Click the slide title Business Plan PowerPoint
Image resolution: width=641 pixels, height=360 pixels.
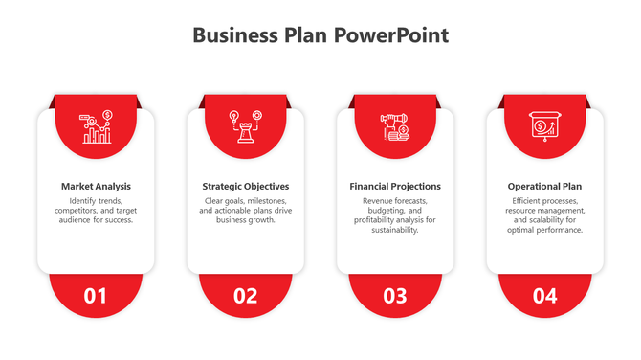[x=320, y=35]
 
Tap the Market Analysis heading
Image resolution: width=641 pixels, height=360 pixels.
[x=96, y=186]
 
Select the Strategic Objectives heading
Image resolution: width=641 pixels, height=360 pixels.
[x=246, y=186]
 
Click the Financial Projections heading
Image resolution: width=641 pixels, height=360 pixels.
[x=395, y=186]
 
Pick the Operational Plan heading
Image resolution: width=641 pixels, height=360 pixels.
[x=544, y=186]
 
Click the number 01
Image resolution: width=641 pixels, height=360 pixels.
[x=96, y=296]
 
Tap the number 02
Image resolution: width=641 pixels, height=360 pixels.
[x=246, y=296]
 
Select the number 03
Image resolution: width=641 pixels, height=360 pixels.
[x=395, y=296]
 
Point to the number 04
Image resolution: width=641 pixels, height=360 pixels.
[x=544, y=296]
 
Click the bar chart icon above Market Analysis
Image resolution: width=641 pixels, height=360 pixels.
[x=96, y=127]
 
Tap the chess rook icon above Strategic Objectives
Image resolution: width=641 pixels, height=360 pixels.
[x=246, y=127]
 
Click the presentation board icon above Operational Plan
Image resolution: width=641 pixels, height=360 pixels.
[x=544, y=127]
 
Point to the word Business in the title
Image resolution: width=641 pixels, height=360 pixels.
[x=233, y=35]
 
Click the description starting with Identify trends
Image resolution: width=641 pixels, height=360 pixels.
[x=96, y=210]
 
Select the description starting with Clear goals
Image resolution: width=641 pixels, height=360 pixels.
[x=246, y=210]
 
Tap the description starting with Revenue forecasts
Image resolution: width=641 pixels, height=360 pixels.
[x=395, y=214]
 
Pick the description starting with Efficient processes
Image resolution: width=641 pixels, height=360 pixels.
[x=544, y=214]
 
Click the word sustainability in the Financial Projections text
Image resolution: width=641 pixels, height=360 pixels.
[x=395, y=230]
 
